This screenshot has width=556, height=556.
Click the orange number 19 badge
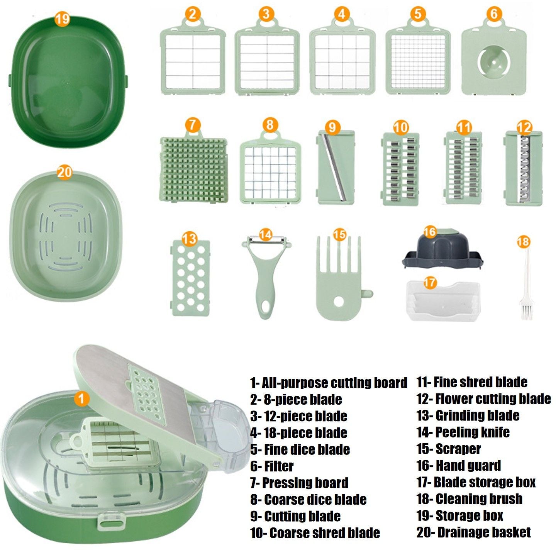pos(62,19)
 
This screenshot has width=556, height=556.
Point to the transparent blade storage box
pos(444,301)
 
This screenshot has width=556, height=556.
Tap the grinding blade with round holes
pos(190,278)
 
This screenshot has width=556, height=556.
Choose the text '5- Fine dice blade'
pos(300,449)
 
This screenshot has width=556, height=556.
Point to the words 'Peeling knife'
pos(472,432)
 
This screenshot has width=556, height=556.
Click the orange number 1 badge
pos(81,398)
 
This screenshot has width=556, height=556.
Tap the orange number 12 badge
pos(524,127)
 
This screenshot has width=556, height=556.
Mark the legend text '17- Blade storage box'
pos(476,482)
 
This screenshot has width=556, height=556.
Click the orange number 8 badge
pos(270,125)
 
